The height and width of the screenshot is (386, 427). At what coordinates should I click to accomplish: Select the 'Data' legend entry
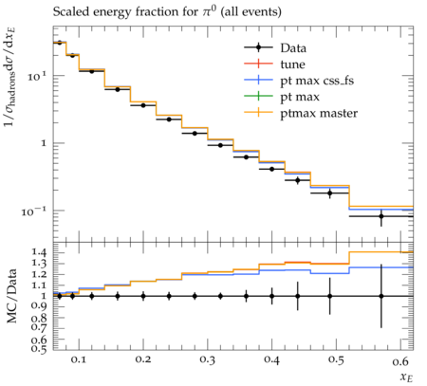[293, 48]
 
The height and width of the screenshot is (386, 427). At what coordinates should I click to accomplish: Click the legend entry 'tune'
[292, 64]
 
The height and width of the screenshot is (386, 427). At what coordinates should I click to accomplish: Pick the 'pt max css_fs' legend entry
[317, 81]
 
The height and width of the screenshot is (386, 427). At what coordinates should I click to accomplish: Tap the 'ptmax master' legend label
[319, 113]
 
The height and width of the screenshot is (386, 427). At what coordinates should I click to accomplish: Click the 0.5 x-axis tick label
[336, 360]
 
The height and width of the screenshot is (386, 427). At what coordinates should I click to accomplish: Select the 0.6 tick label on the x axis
[400, 360]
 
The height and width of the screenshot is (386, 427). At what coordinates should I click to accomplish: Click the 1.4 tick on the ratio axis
[39, 252]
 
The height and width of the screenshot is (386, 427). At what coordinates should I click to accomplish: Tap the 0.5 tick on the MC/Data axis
[39, 348]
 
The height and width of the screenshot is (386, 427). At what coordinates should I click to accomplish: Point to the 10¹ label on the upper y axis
[36, 76]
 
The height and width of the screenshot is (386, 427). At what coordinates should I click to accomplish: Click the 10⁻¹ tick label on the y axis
[33, 211]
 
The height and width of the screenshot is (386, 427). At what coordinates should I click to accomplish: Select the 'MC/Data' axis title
[11, 296]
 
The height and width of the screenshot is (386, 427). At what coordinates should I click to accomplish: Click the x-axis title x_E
[406, 377]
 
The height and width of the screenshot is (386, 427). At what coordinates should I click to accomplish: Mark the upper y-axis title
[9, 77]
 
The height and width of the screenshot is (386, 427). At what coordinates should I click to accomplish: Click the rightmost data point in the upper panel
[381, 216]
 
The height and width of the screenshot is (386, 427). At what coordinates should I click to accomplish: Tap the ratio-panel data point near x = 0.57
[381, 296]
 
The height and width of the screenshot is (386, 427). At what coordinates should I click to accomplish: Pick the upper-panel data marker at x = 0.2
[143, 105]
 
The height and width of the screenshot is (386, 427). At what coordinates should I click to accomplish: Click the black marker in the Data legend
[258, 47]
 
